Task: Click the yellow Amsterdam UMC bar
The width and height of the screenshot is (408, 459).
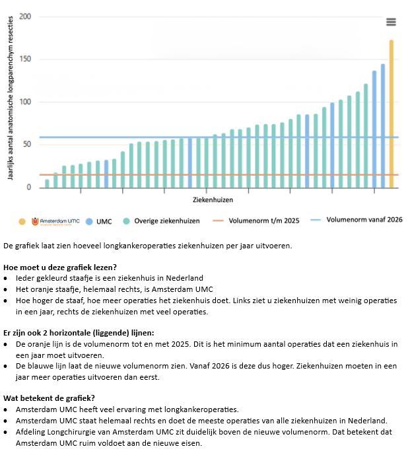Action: pyautogui.click(x=391, y=114)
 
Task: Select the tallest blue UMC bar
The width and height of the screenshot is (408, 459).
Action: pyautogui.click(x=383, y=126)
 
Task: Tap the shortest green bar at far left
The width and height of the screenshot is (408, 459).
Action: pyautogui.click(x=47, y=184)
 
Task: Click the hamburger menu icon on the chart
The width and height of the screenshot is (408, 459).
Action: pyautogui.click(x=391, y=22)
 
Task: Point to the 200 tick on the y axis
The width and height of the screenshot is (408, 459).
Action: pyautogui.click(x=25, y=17)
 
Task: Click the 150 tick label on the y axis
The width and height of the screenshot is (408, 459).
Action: pyautogui.click(x=25, y=59)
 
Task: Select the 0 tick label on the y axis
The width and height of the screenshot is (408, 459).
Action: pyautogui.click(x=28, y=187)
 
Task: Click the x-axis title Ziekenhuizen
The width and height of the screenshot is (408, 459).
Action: pyautogui.click(x=213, y=200)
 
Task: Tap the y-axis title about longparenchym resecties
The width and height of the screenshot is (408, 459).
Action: pyautogui.click(x=11, y=98)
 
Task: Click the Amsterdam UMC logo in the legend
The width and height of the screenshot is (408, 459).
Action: pyautogui.click(x=55, y=221)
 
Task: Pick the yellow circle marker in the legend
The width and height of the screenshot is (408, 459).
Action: pyautogui.click(x=22, y=222)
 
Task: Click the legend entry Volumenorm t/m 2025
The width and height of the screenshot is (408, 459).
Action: pyautogui.click(x=256, y=221)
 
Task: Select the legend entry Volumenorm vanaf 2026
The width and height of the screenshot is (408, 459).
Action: pyautogui.click(x=357, y=220)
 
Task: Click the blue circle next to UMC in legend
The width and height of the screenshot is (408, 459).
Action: pyautogui.click(x=89, y=222)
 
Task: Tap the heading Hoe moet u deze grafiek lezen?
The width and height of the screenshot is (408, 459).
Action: pyautogui.click(x=60, y=267)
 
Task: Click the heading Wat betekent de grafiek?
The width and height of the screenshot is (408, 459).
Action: pyautogui.click(x=49, y=398)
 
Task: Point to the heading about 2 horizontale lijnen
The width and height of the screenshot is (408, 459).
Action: pyautogui.click(x=79, y=333)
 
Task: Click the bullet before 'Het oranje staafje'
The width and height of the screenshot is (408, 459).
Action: pyautogui.click(x=5, y=289)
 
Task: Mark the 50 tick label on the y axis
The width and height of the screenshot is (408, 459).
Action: pyautogui.click(x=27, y=145)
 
